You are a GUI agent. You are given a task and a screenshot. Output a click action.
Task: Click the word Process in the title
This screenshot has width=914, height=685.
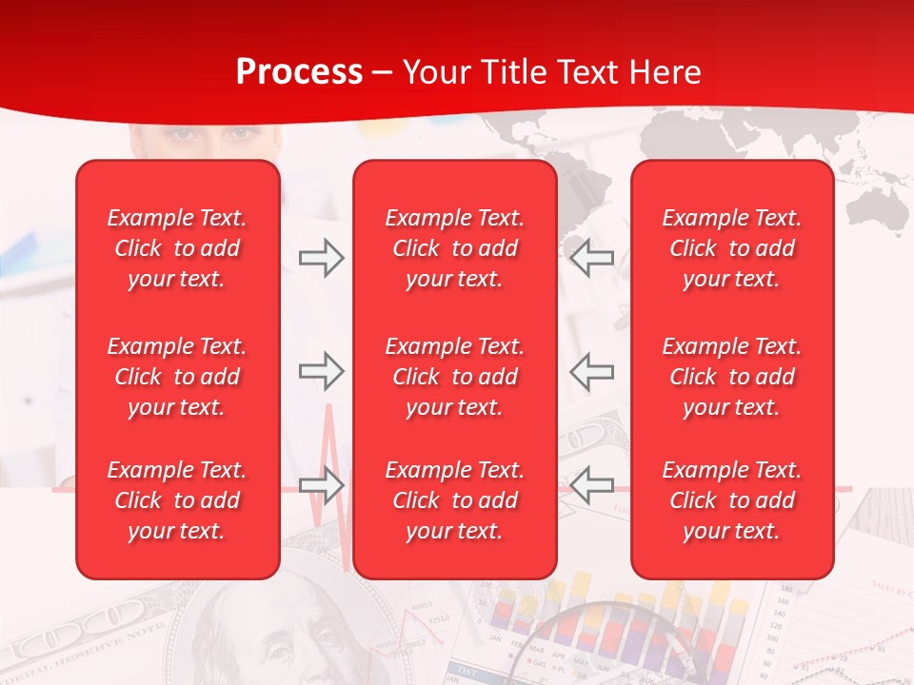click(299, 72)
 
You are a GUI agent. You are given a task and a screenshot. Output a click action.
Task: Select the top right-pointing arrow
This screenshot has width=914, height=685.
click(321, 257)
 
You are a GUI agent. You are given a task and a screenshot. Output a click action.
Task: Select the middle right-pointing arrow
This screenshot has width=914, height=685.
click(321, 371)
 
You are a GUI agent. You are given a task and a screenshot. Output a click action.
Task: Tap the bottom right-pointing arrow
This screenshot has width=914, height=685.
click(321, 485)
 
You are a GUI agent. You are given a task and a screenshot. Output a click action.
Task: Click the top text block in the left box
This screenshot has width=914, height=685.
click(177, 248)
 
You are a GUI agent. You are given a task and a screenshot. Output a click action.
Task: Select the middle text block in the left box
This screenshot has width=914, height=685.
click(177, 377)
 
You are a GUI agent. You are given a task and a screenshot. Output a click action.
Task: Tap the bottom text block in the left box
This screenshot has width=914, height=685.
click(177, 500)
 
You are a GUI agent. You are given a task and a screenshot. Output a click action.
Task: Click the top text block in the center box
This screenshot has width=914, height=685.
click(455, 248)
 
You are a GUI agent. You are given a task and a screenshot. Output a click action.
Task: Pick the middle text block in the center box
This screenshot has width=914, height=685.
click(455, 377)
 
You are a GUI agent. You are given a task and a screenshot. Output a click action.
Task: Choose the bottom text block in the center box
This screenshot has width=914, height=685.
click(455, 500)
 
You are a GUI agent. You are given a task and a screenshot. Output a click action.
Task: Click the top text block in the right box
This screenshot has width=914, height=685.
click(732, 248)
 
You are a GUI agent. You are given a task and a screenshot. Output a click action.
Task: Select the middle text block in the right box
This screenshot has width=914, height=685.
click(732, 377)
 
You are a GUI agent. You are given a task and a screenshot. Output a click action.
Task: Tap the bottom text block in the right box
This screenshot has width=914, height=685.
click(732, 500)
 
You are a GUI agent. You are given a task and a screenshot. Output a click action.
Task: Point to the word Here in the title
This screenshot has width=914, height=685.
click(667, 72)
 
